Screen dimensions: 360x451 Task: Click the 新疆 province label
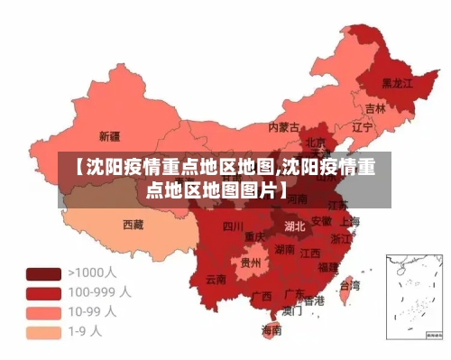[109, 137]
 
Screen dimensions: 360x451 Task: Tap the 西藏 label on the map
[133, 224]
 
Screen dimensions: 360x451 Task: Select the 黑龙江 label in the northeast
[396, 83]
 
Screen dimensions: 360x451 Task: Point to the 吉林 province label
[375, 108]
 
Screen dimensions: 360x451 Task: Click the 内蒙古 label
[284, 127]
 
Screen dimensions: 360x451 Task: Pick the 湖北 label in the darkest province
[294, 226]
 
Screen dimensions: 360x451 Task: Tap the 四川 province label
[233, 226]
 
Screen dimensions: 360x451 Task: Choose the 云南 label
[216, 279]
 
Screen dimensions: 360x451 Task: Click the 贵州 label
[250, 263]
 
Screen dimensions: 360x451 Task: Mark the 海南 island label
[272, 331]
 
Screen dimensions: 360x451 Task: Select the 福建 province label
[328, 267]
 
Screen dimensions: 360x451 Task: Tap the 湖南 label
[285, 249]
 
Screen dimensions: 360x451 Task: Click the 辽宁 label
[362, 128]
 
